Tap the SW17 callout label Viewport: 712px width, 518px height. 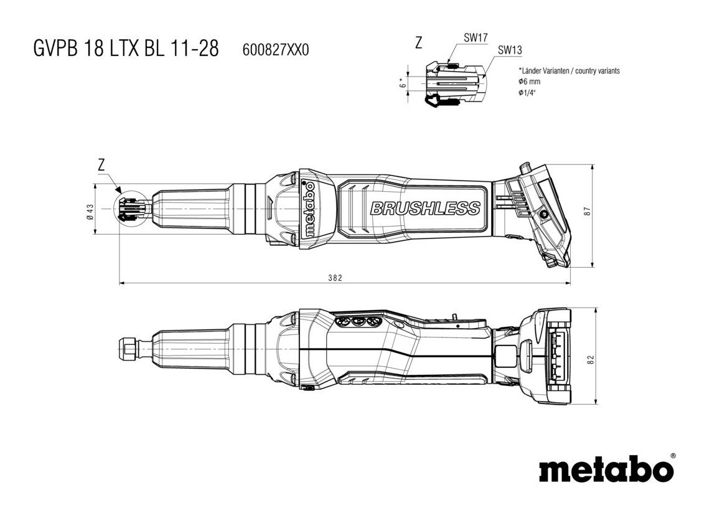click(x=475, y=38)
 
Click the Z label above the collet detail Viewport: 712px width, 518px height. click(x=418, y=43)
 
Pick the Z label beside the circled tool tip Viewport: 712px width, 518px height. click(x=101, y=164)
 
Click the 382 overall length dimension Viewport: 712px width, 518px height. click(x=335, y=278)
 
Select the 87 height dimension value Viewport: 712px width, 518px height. click(x=586, y=211)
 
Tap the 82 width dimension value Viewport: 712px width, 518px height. click(x=591, y=359)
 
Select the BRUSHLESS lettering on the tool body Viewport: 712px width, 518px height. click(x=425, y=209)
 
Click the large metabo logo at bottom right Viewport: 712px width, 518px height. click(x=606, y=468)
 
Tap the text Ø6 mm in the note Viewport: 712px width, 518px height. click(x=529, y=82)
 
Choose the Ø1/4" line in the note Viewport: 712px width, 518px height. click(x=527, y=92)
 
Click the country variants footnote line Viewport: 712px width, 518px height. click(x=568, y=71)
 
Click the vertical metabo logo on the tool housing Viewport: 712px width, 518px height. click(x=307, y=209)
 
